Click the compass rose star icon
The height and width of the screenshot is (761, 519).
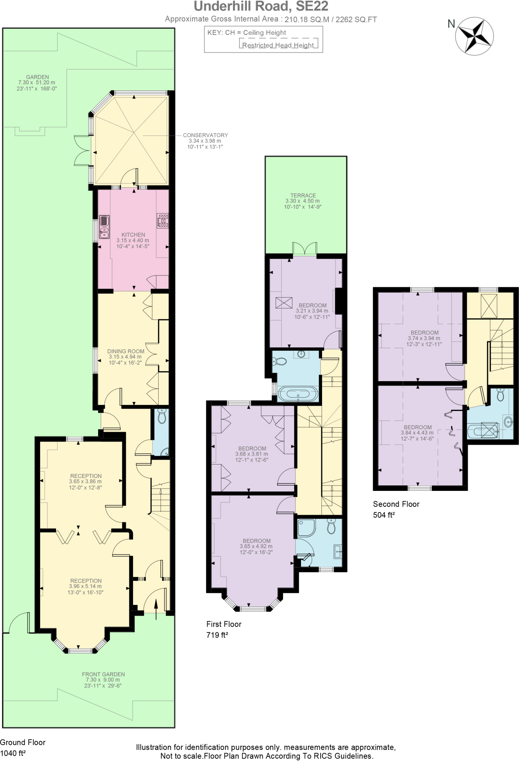click(474, 36)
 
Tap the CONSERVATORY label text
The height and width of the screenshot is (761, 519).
click(205, 135)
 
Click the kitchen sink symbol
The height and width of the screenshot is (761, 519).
click(104, 227)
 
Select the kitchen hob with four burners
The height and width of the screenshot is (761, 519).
click(162, 220)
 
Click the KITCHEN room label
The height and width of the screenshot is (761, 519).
click(133, 235)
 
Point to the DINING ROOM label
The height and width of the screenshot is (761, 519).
click(126, 351)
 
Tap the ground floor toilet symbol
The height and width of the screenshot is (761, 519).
click(162, 417)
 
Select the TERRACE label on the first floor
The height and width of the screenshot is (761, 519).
click(303, 195)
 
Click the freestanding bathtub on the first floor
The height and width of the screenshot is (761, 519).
click(298, 394)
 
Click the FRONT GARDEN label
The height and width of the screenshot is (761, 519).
click(103, 674)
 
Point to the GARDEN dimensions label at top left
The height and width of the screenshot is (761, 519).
click(37, 83)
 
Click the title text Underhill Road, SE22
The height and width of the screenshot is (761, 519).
click(261, 6)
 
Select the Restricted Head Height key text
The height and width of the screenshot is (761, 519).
click(278, 45)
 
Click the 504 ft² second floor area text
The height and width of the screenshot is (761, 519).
click(383, 515)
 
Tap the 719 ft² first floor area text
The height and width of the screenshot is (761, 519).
click(217, 635)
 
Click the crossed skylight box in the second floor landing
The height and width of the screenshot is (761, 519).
click(489, 306)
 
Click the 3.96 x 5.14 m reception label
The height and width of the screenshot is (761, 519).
click(85, 586)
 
